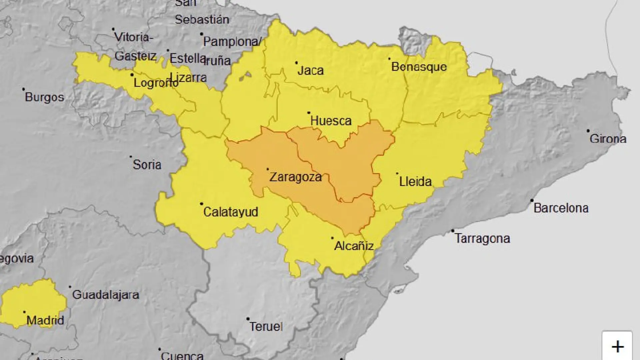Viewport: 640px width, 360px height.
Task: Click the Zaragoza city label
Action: pos(295,177)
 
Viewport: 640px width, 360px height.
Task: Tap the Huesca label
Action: pos(331,121)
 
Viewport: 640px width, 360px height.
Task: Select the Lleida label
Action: pos(415,182)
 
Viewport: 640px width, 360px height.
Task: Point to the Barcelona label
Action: pos(561,208)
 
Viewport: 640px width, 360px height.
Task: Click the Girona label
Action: pos(608,139)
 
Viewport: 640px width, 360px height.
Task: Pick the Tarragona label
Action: pos(482,239)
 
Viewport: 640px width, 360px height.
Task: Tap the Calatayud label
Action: pos(230,212)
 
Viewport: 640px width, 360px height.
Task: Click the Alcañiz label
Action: pos(353,246)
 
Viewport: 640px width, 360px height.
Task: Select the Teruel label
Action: pos(266,326)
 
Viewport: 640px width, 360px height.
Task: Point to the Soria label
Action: pos(147,165)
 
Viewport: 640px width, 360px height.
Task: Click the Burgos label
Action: pos(44,97)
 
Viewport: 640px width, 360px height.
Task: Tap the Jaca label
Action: pos(310,71)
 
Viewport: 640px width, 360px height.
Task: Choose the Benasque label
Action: pos(419,67)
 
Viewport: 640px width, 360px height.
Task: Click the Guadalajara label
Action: pos(105,295)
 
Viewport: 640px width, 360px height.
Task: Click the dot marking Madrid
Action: pos(24,312)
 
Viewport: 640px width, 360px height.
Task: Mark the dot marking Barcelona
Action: pos(532,200)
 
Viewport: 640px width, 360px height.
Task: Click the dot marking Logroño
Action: pos(132,75)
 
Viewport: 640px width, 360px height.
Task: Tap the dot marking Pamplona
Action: pos(201,34)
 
